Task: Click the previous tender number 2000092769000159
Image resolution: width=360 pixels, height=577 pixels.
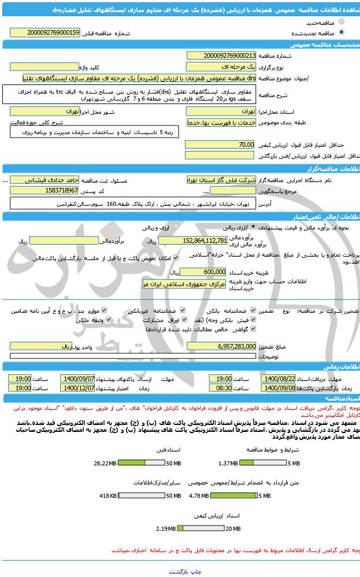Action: pyautogui.click(x=53, y=33)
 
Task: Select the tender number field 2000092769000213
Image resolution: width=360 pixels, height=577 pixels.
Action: pyautogui.click(x=221, y=56)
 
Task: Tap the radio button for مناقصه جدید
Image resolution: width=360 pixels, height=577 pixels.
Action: pyautogui.click(x=342, y=23)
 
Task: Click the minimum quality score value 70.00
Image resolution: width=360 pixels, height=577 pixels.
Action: pyautogui.click(x=220, y=145)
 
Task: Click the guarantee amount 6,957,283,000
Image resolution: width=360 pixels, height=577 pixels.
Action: pyautogui.click(x=220, y=346)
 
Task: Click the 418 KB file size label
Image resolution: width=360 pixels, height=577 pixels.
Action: pyautogui.click(x=109, y=495)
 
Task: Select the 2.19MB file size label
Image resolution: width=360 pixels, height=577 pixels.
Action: pyautogui.click(x=165, y=528)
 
